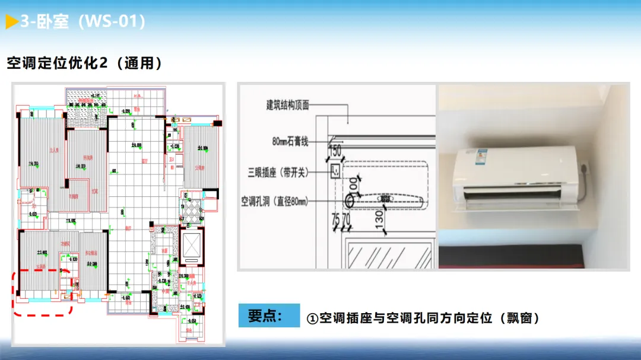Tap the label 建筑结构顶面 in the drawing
[288, 105]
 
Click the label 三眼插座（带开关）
[286, 173]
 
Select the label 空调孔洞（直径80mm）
[275, 202]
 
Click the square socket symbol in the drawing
[335, 172]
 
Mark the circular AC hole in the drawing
[348, 201]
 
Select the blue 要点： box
[269, 316]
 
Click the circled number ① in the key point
[312, 318]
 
